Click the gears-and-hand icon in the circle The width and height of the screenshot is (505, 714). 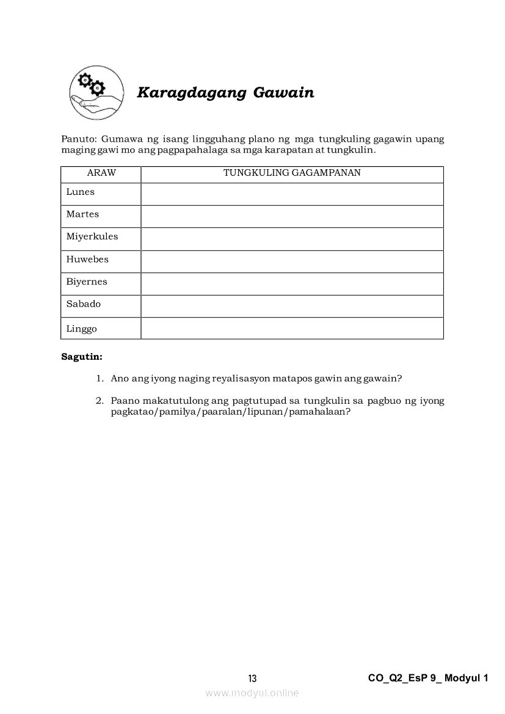coord(96,92)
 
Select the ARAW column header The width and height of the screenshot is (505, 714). coord(101,173)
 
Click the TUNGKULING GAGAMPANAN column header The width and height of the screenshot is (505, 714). coord(292,173)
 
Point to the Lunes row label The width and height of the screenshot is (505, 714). coord(81,192)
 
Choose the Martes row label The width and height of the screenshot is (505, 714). coord(82,214)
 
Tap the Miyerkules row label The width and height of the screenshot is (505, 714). coord(92,237)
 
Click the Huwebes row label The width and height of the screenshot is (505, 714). coord(87,260)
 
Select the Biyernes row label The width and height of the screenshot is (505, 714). coord(87,282)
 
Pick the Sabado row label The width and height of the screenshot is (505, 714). coord(84,304)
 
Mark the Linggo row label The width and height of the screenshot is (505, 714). coord(82,329)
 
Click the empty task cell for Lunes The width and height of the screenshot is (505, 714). coord(292,194)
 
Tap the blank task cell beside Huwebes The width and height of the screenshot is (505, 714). coord(292,261)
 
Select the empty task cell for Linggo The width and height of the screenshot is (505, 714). coord(292,329)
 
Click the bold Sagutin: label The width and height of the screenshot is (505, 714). coord(82,356)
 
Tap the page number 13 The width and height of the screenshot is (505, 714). coord(252,679)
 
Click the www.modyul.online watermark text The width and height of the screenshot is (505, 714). coord(252,693)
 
